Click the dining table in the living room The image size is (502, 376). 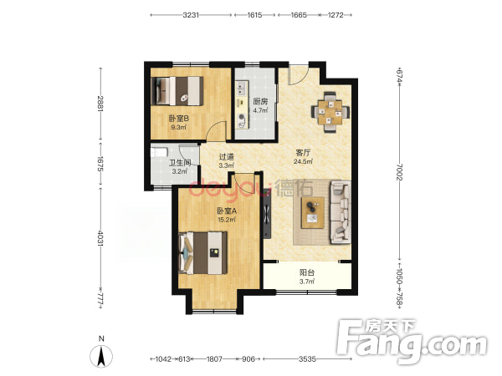coord(330,112)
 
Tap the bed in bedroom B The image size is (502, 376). coord(177,91)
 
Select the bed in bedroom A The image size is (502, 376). coord(203,253)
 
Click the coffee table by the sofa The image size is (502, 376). coord(312,212)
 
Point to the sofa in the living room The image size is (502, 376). coord(341,212)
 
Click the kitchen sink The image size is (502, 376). coord(241,89)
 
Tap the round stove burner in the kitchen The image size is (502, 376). coord(242,120)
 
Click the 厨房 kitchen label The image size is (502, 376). coord(260,102)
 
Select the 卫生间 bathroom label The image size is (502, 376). coord(180,163)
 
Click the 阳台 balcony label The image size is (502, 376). coord(307,272)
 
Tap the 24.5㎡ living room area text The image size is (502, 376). coord(303,161)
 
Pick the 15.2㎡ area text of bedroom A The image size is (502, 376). coord(227,219)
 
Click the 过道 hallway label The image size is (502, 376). coord(227,157)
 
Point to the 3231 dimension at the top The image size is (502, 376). coord(191,15)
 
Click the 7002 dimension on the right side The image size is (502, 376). coord(399,171)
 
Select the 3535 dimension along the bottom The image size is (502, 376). coord(307,359)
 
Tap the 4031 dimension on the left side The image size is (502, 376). coord(100,238)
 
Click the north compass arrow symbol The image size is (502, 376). coord(101,356)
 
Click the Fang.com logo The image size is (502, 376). coord(412,341)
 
